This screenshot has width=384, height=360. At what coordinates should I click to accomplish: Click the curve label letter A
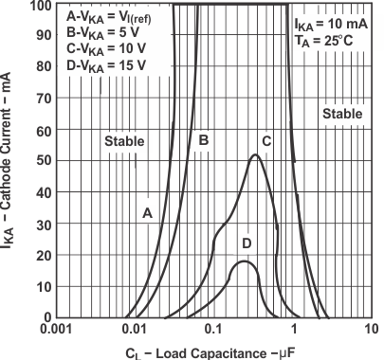(148, 213)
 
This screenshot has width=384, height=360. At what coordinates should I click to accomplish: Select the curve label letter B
(202, 140)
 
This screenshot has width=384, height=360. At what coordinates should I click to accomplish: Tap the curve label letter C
(266, 140)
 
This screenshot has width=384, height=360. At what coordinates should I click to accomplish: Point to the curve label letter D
(247, 243)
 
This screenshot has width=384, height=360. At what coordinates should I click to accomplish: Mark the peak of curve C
(255, 155)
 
